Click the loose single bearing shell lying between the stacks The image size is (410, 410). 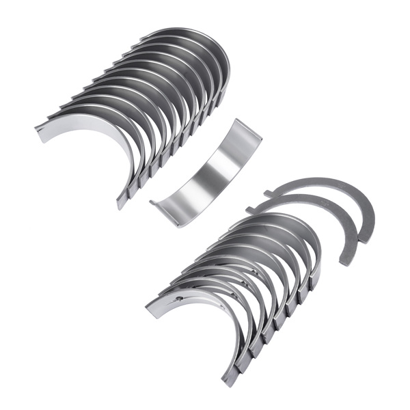205,171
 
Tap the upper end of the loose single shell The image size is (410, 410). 247,129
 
